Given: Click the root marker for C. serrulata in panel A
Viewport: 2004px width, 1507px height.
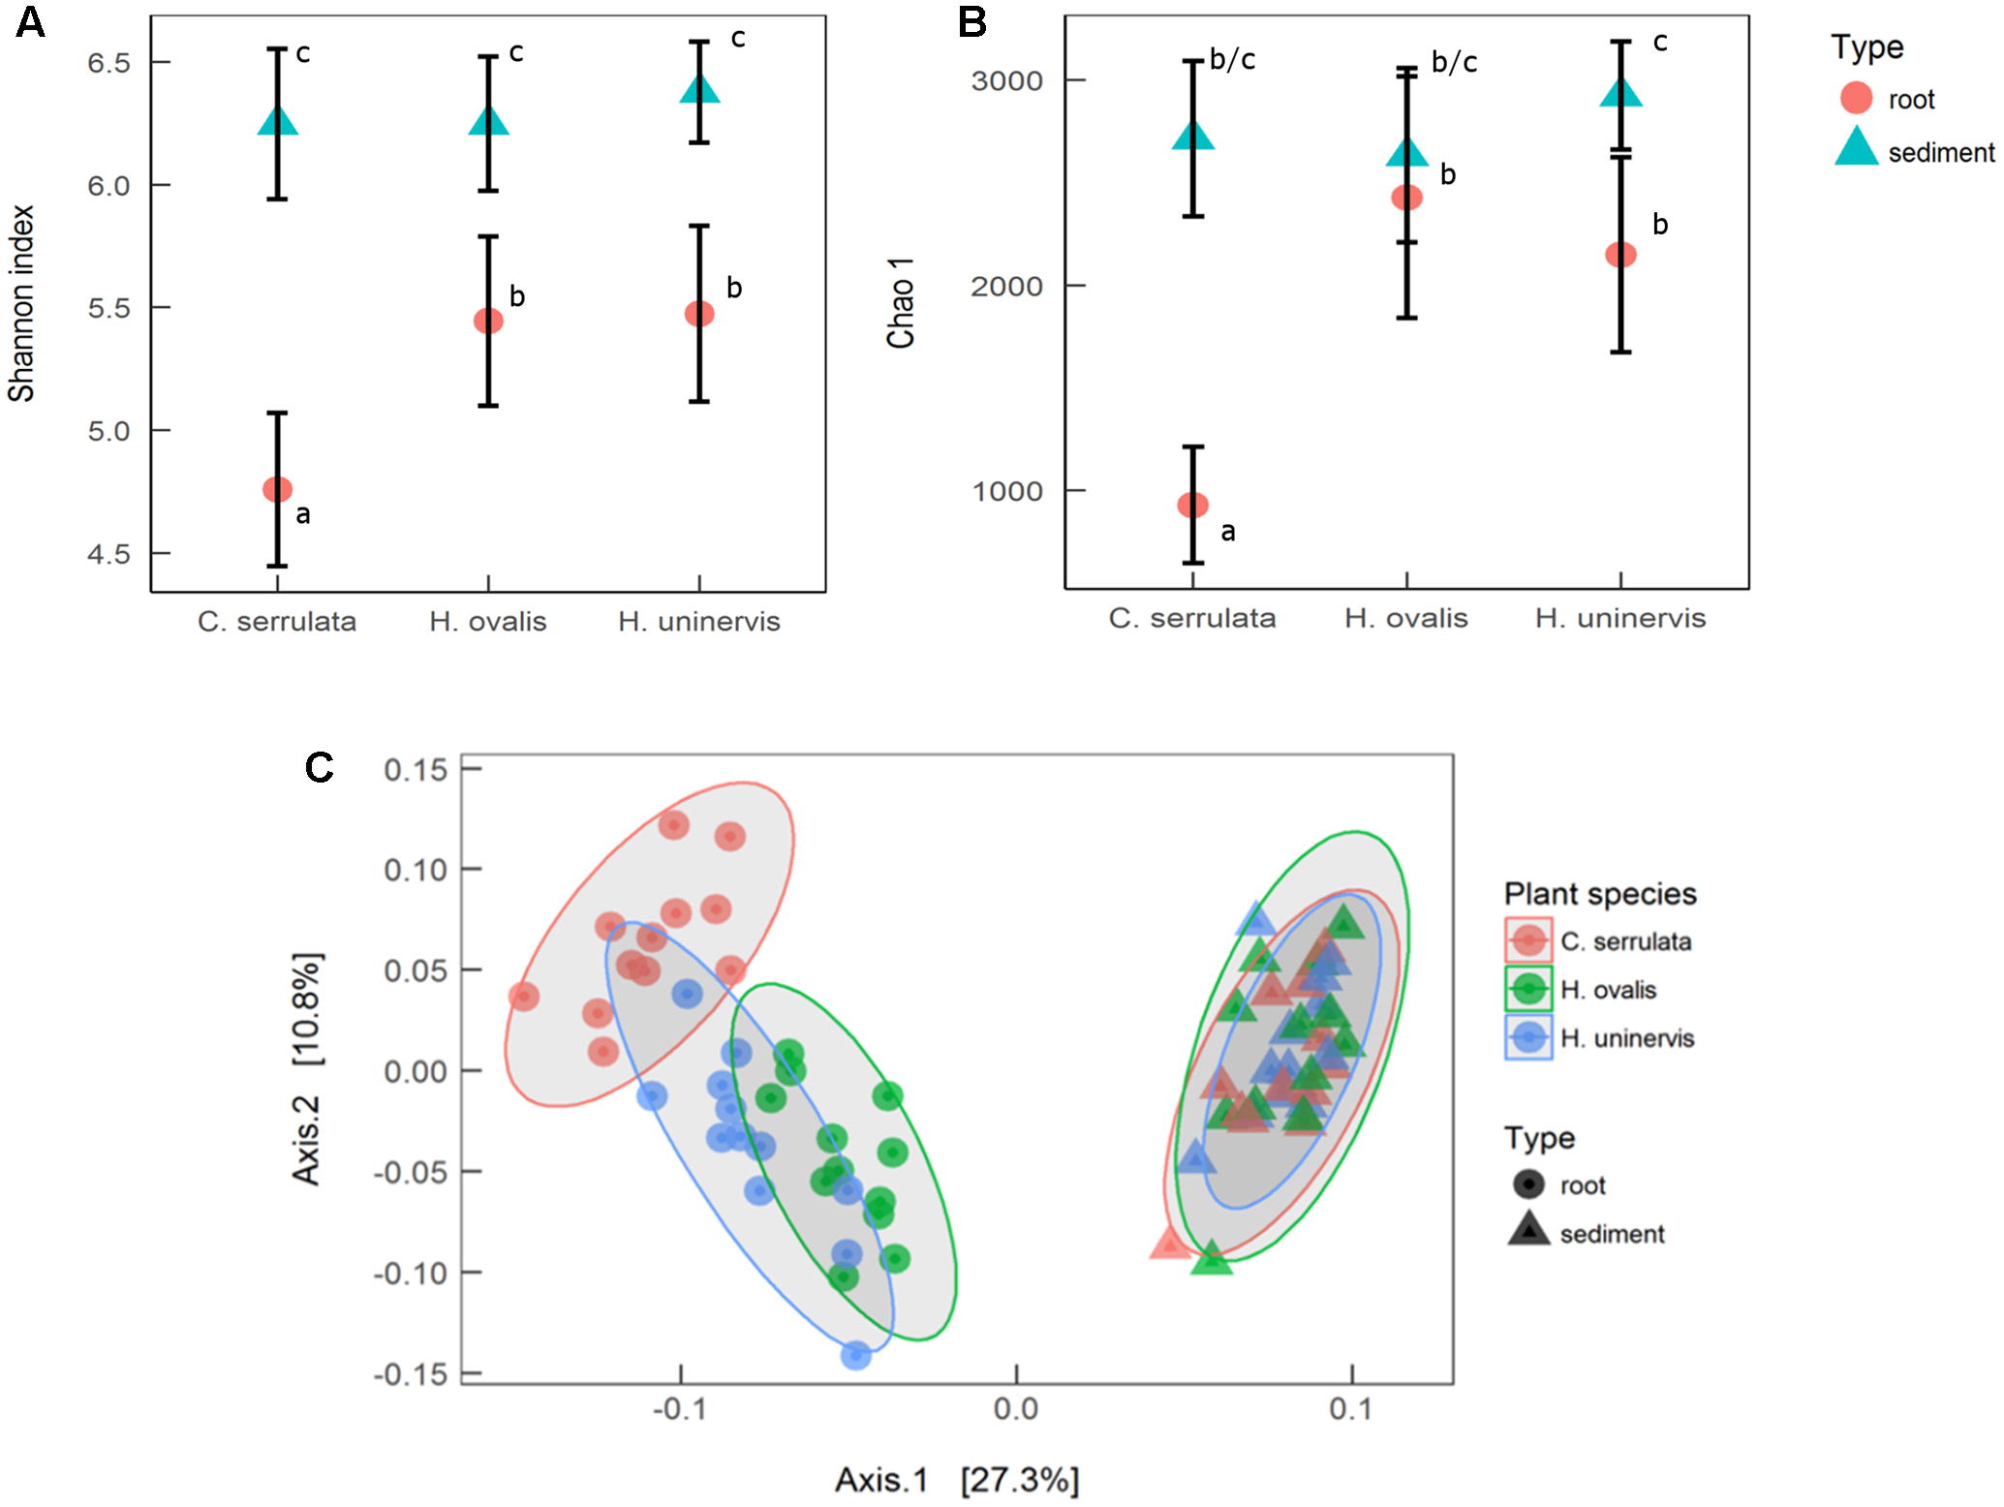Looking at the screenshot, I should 277,489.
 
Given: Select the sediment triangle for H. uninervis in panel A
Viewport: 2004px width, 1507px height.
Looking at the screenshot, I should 699,90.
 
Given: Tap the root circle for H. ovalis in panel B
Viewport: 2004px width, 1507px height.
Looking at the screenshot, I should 1406,198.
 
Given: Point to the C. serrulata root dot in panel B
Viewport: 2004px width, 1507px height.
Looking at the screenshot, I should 1192,505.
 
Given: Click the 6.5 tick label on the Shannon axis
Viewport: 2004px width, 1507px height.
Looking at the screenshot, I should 108,63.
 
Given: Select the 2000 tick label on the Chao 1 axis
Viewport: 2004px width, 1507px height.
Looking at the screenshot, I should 1006,287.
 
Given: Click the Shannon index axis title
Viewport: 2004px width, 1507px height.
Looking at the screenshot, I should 21,303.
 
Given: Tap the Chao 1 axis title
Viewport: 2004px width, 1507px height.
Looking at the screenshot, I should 901,303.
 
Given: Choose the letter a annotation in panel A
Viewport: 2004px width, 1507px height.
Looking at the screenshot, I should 303,514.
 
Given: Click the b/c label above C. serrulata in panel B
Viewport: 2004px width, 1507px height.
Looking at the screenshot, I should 1232,60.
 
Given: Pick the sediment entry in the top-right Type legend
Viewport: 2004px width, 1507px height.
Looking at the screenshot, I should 1940,152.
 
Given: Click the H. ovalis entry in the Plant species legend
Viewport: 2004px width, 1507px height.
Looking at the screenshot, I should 1608,990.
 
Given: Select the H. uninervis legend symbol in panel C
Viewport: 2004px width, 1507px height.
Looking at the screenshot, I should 1528,1038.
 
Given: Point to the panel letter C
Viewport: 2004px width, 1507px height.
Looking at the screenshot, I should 319,768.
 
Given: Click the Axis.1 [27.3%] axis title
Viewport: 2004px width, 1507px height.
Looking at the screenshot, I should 957,1480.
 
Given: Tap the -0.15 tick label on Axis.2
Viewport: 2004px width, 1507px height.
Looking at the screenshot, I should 411,1374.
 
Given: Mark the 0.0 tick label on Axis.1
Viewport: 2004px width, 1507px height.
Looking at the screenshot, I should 1015,1409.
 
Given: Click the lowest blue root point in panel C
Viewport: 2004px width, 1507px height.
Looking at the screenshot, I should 855,1355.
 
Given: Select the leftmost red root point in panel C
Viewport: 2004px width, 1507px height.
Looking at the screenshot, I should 524,996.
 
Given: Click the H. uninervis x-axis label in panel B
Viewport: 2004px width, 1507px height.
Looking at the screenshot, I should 1619,618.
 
